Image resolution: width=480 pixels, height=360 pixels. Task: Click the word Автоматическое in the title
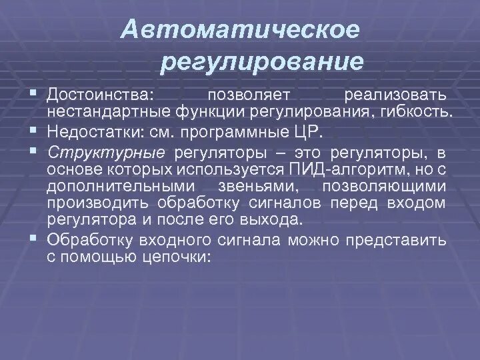pyautogui.click(x=241, y=29)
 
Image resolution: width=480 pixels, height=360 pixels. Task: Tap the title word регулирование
pyautogui.click(x=262, y=62)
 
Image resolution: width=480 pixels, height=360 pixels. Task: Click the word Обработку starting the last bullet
pyautogui.click(x=91, y=241)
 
